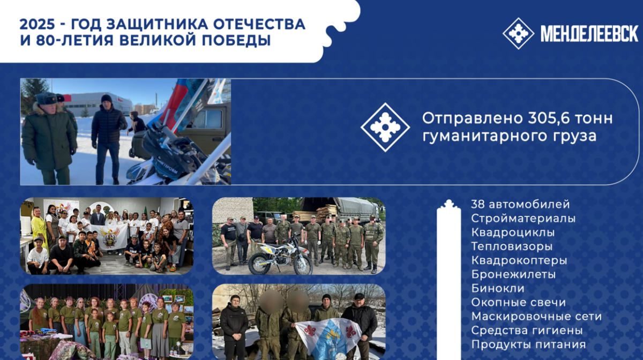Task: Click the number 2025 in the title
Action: coord(37,24)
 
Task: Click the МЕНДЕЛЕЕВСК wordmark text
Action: coord(589,34)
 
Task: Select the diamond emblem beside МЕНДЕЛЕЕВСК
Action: coord(518,33)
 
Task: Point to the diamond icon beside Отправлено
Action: coord(385,127)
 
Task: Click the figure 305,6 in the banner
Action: coord(549,118)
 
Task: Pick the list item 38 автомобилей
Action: coord(520,205)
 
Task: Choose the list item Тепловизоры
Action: coord(512,246)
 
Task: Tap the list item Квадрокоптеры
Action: coord(519,261)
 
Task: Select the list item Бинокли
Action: coord(498,289)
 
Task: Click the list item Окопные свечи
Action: coord(519,303)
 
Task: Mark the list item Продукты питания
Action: coord(528,344)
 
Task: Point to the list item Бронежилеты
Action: coord(513,275)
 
